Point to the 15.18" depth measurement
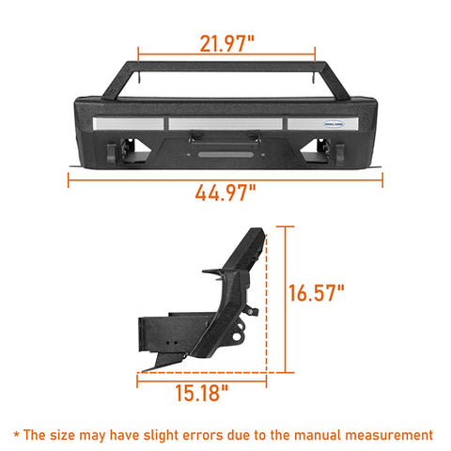click(x=201, y=393)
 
